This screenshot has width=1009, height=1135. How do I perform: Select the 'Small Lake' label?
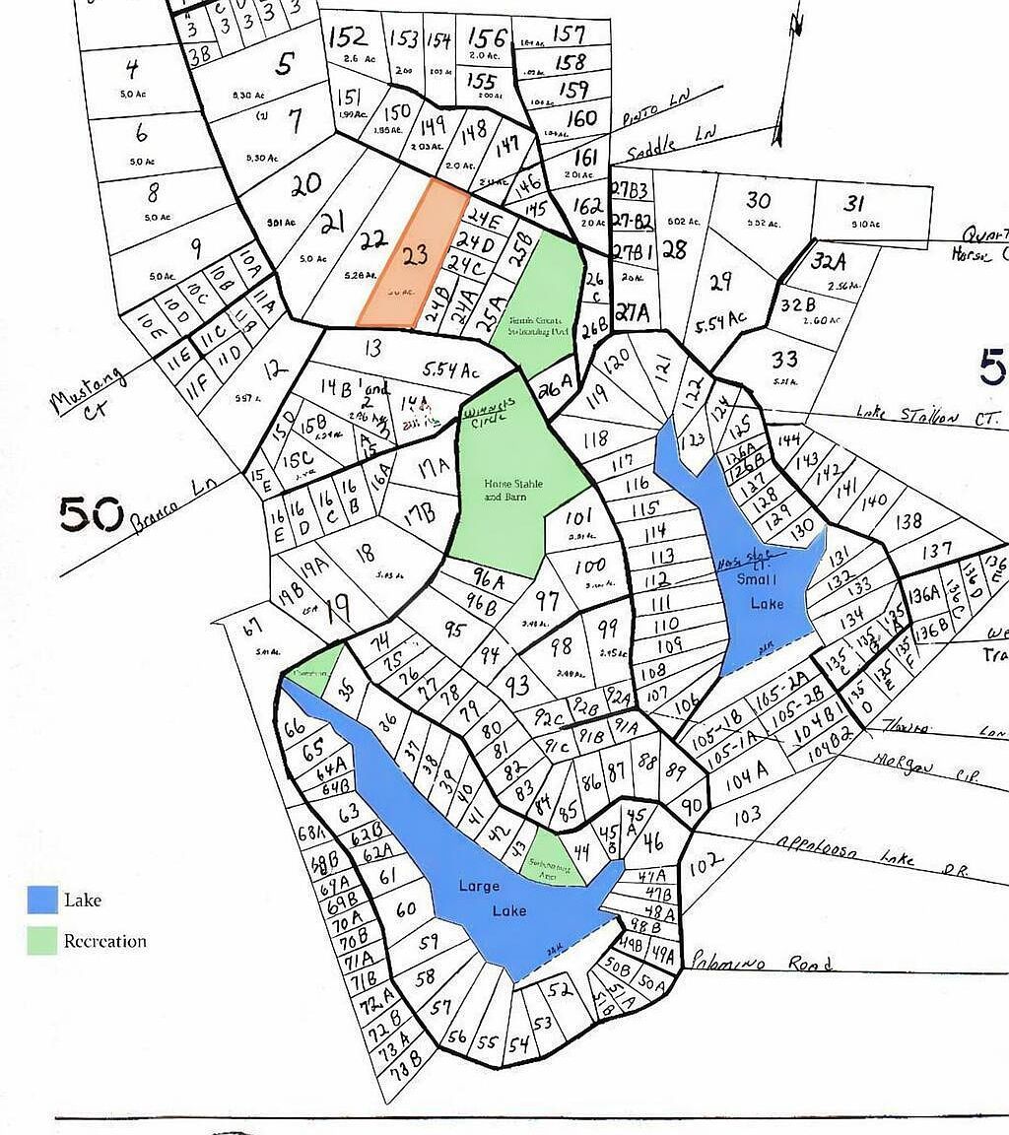click(764, 591)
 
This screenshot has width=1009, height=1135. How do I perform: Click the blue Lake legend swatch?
click(41, 900)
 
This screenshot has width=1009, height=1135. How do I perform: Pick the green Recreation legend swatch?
click(41, 940)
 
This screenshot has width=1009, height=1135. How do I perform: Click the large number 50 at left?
click(91, 512)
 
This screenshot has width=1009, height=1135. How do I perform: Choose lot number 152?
click(348, 37)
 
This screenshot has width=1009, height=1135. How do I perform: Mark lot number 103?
click(748, 815)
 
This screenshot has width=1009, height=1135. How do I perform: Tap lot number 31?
click(853, 204)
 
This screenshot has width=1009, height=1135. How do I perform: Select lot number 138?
click(908, 521)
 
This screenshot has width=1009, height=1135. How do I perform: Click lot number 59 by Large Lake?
click(428, 942)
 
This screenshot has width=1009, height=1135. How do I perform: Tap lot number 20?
click(306, 183)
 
